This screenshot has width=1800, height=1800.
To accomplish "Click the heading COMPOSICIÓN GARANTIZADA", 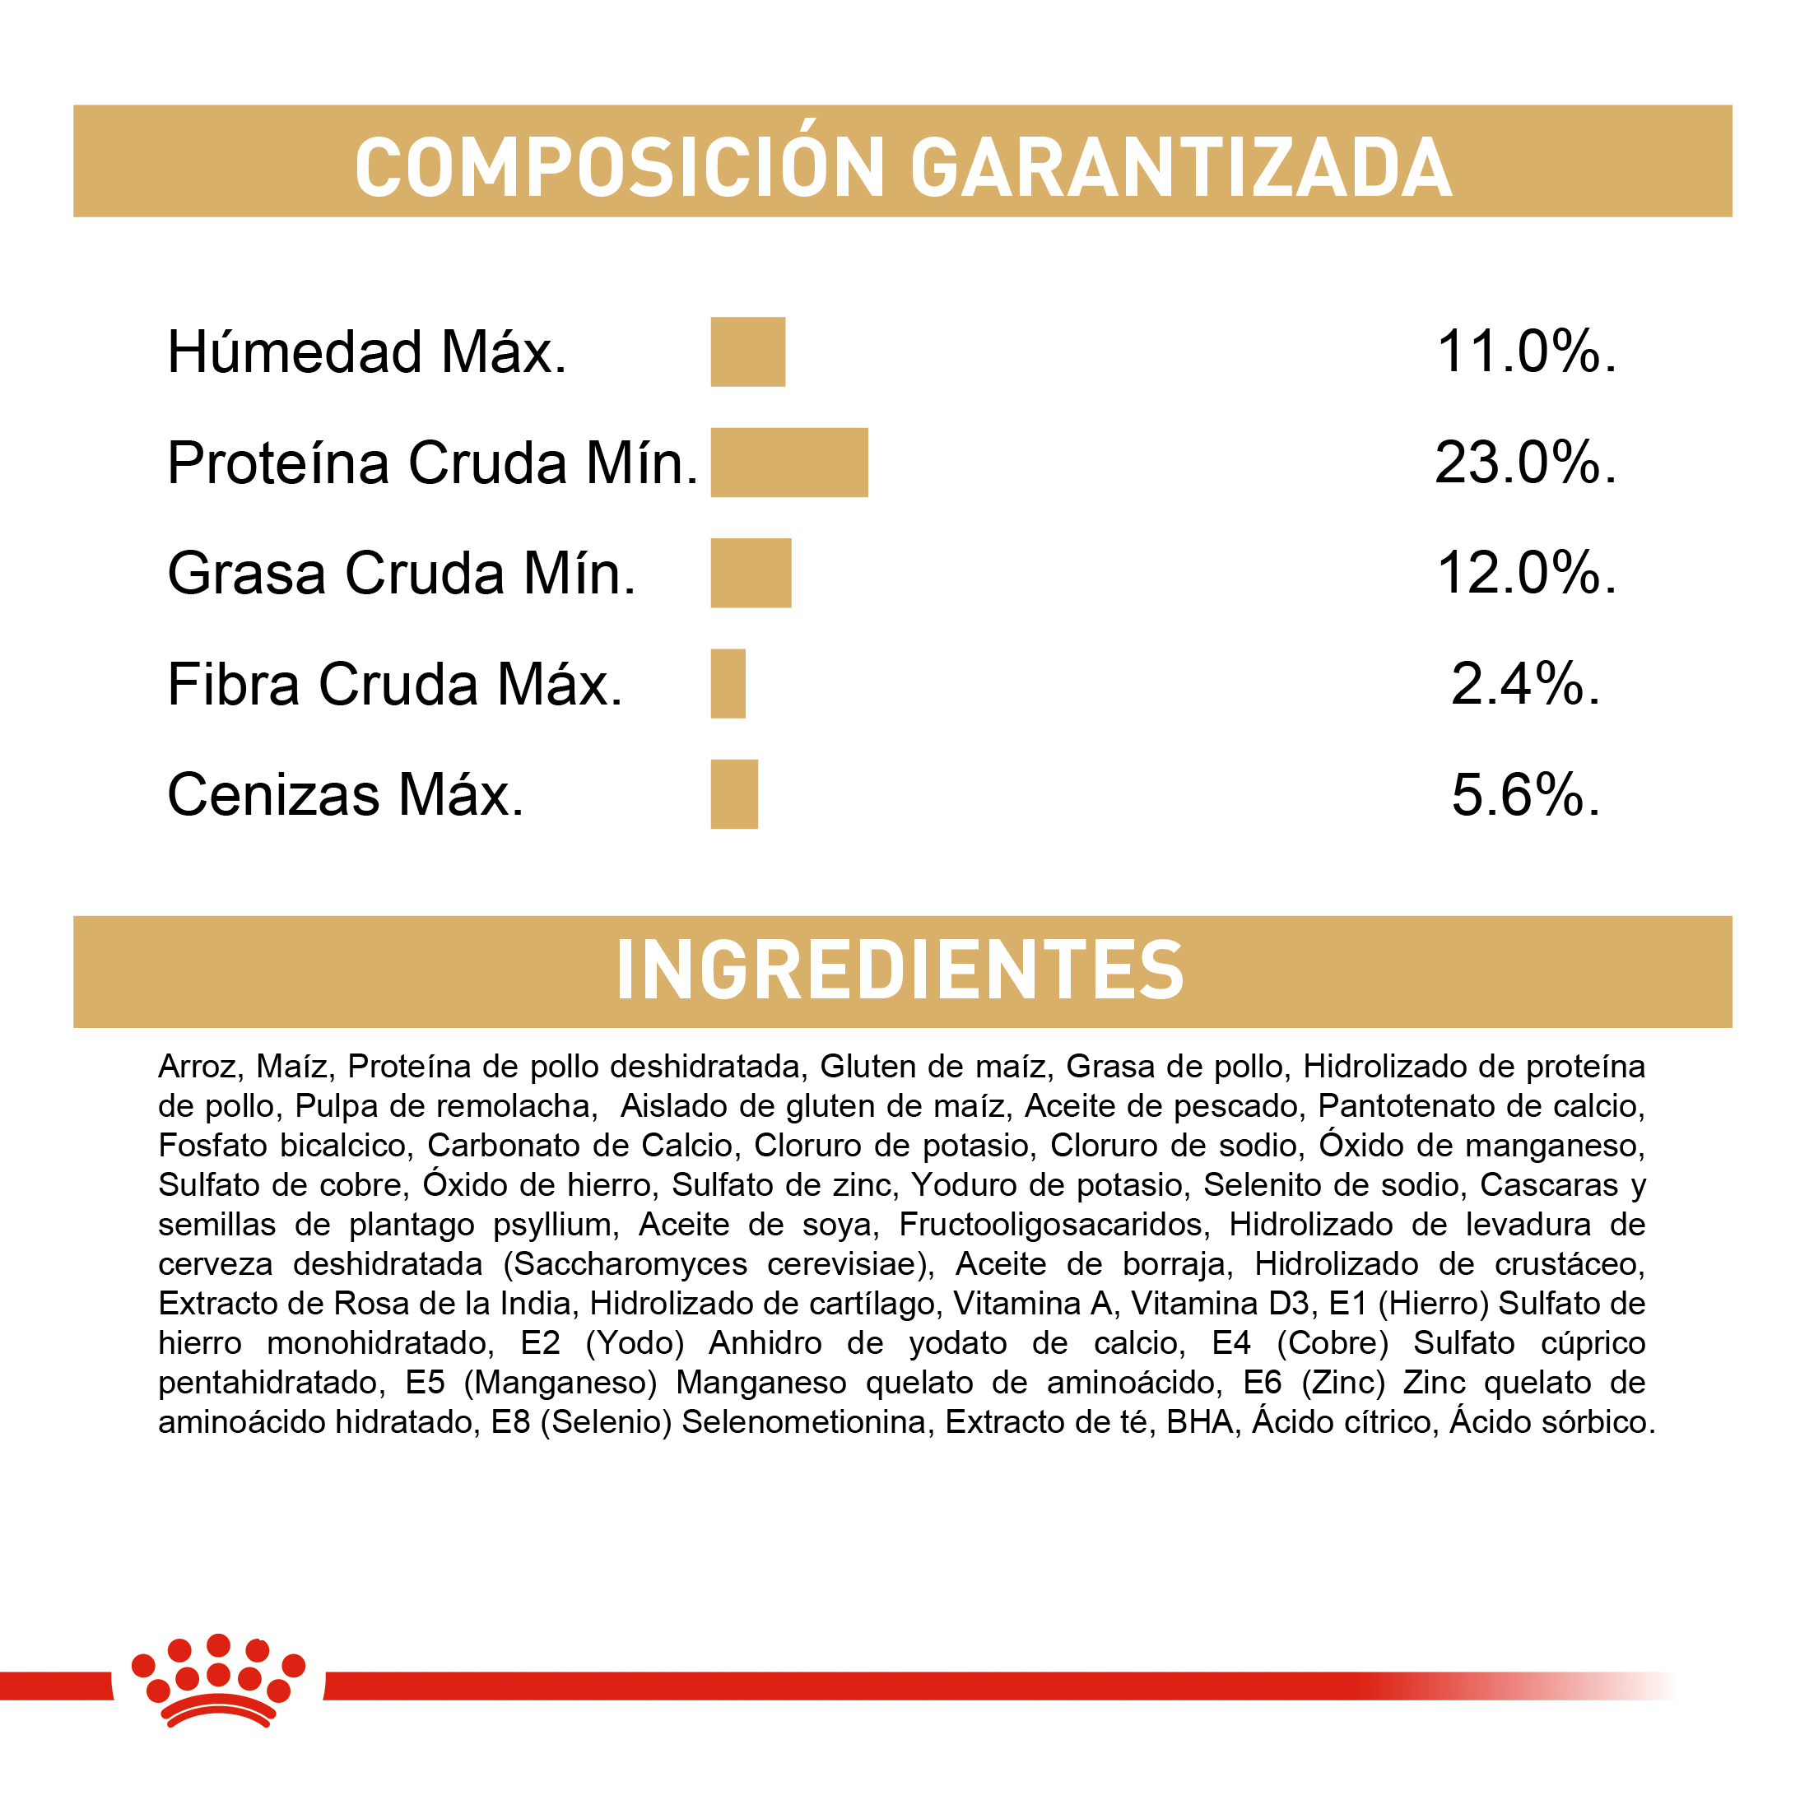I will coord(902,167).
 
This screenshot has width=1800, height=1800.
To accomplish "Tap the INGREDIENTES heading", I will coord(900,971).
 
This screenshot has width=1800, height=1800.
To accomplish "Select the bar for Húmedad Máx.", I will coord(747,351).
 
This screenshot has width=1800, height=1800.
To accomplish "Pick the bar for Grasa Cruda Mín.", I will coord(750,573).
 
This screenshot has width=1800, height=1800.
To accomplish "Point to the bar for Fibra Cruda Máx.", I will coord(728,684).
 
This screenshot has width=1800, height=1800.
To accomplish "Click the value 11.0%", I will coord(1526,352).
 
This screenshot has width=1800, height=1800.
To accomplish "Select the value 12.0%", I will coord(1526,573).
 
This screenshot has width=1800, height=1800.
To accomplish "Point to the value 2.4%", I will coord(1525,684).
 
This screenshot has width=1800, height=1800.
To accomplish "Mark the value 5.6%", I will coord(1525,795).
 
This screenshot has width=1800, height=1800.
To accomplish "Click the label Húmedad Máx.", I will coord(367,352).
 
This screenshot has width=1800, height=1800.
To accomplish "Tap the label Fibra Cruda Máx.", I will coord(394,685).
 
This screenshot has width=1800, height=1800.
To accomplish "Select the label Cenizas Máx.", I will coord(346,795).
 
